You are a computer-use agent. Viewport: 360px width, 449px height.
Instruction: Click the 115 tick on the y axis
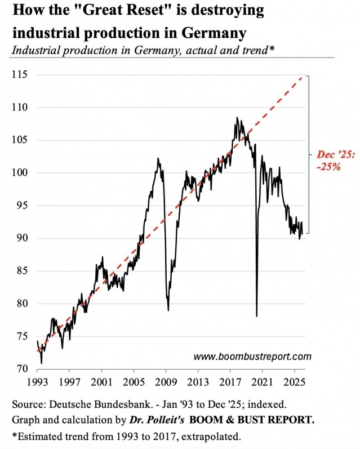20,74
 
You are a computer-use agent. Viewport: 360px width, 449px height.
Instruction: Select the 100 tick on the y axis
20,173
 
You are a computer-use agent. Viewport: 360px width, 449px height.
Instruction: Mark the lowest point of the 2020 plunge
256,316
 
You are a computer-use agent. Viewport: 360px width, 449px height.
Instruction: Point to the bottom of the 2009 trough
168,310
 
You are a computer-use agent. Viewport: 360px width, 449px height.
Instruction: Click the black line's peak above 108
237,118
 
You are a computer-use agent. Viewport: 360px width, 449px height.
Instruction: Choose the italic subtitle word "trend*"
257,50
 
